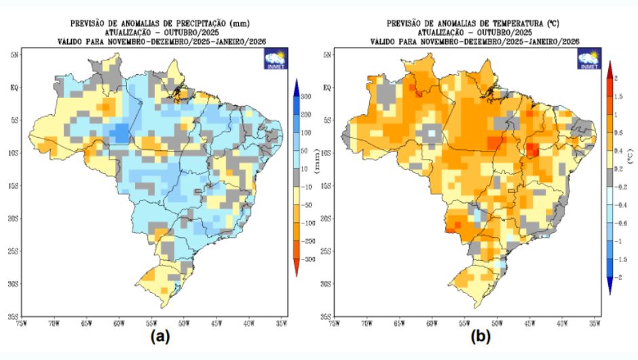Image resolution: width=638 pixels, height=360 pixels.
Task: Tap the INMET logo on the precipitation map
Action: (x=276, y=59)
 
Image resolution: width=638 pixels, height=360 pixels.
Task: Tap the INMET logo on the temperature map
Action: (x=588, y=59)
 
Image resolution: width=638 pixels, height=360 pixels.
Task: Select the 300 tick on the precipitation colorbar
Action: (x=306, y=97)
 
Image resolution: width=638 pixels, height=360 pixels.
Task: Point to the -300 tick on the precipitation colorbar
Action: (x=305, y=259)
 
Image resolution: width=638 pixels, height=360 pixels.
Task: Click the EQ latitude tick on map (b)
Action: (x=326, y=87)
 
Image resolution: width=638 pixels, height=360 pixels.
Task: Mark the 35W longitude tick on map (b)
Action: (x=595, y=324)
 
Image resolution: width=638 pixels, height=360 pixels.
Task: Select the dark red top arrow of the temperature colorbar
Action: (x=609, y=69)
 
